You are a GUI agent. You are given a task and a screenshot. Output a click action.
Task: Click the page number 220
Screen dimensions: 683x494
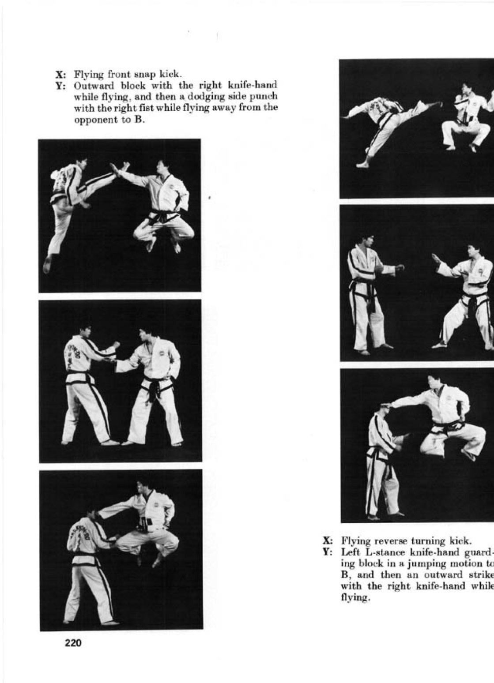(x=73, y=643)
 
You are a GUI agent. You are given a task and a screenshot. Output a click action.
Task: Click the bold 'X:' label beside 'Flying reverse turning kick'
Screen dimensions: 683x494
(x=327, y=540)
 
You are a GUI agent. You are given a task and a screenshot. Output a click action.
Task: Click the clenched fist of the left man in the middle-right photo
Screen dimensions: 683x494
(x=400, y=267)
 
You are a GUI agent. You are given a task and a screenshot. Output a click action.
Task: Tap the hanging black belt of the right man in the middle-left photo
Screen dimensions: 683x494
(x=154, y=392)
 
